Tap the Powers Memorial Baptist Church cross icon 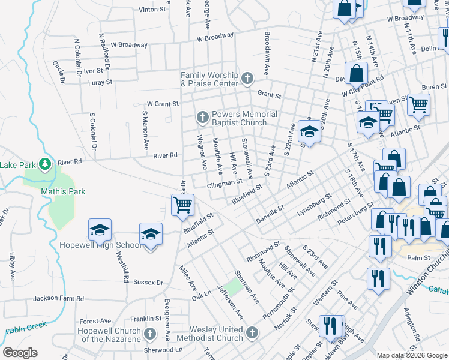203,117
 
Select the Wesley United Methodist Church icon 252,332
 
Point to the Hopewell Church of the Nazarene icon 151,332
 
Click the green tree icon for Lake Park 44,163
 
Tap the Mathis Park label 63,192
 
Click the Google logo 20,353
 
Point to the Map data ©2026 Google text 411,355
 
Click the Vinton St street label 152,10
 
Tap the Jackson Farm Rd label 59,298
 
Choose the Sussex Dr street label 148,282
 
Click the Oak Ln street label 202,295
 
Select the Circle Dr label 58,70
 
